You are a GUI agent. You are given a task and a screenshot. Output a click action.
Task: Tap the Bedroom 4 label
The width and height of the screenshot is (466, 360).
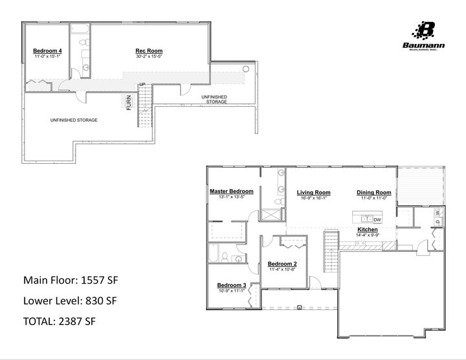coord(47,51)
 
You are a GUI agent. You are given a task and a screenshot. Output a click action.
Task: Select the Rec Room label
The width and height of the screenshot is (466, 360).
coord(148,51)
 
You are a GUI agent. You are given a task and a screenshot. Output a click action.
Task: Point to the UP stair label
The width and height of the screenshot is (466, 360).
coord(142,84)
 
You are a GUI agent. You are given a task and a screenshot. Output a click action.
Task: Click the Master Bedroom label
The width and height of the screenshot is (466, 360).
coord(231,192)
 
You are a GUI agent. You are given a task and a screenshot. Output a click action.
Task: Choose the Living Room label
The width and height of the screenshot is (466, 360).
coord(314,192)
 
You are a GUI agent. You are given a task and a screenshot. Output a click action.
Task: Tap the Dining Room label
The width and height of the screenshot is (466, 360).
coord(374,192)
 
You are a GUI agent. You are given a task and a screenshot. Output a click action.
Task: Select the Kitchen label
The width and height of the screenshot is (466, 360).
coord(368,229)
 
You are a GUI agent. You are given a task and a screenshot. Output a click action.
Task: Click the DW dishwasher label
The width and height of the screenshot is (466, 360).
coord(377,220)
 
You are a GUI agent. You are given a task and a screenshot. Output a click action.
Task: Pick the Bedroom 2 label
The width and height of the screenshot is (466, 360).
coord(282,264)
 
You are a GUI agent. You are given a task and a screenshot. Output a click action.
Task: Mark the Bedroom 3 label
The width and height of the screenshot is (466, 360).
coord(231,286)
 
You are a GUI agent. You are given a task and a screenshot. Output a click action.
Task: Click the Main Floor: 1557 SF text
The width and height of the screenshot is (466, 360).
coord(71,280)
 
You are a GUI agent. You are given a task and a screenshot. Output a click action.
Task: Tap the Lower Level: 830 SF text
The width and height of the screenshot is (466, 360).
coord(70,300)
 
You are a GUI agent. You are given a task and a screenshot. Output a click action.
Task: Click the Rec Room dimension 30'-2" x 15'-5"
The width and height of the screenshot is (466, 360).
coord(148,56)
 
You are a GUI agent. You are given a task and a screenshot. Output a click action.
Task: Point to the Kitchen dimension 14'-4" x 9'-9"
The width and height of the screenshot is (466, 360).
coord(368,234)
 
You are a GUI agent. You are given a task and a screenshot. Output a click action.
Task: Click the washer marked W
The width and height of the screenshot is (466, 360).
coord(438,212)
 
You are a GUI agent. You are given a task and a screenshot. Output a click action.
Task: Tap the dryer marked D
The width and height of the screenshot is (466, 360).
coord(438,223)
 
